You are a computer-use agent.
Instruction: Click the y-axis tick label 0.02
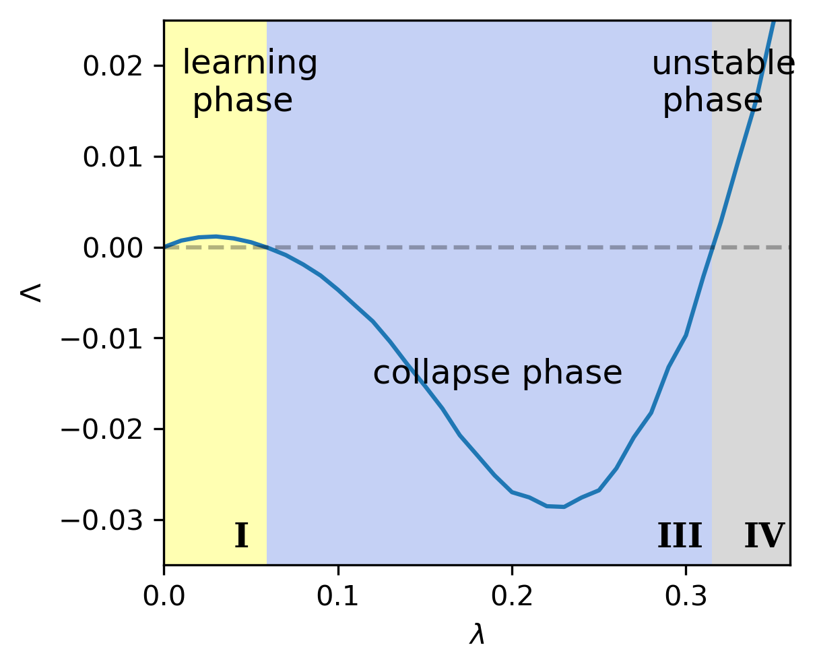coord(112,66)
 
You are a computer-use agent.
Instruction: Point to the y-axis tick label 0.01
coord(112,158)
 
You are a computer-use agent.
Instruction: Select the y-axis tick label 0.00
coord(112,248)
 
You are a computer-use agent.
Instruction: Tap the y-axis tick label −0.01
coord(102,339)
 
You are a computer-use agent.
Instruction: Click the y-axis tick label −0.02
coord(102,429)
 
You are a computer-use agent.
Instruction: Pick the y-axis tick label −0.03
coord(102,520)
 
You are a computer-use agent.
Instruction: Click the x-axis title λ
coord(477,635)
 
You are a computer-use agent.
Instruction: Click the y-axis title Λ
coord(30,293)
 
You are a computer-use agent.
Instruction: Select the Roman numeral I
coord(241,535)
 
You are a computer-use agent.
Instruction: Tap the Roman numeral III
coord(680,535)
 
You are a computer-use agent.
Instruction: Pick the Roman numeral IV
coord(764,535)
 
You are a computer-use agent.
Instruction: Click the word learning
coord(250,63)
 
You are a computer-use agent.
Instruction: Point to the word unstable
coord(724,63)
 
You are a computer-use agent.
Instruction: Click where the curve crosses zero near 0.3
coord(712,247)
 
